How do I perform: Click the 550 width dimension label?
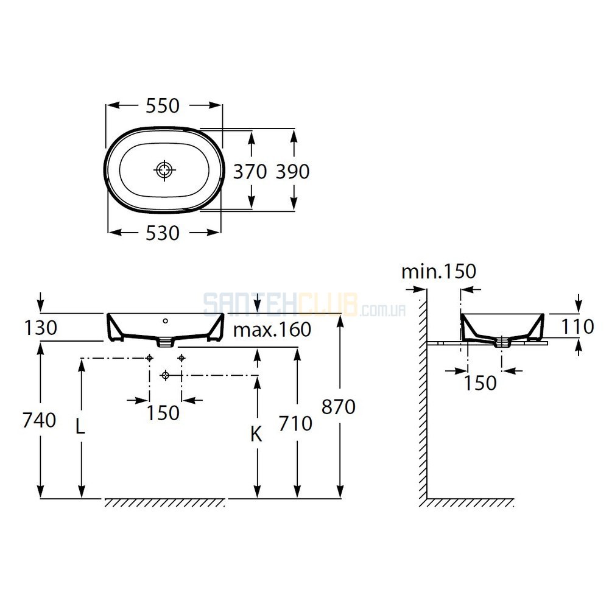[x=163, y=105]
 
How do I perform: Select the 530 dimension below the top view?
[x=163, y=233]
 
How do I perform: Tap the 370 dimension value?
[x=250, y=171]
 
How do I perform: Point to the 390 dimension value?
[x=293, y=171]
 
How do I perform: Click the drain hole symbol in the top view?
[x=164, y=170]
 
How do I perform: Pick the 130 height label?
[x=41, y=328]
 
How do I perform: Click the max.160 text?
[x=272, y=329]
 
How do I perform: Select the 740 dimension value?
[x=39, y=420]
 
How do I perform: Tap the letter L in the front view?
[x=80, y=427]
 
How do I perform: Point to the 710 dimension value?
[x=295, y=423]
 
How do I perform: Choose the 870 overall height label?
[x=339, y=407]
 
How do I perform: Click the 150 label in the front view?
[x=163, y=413]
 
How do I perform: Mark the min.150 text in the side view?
[x=438, y=272]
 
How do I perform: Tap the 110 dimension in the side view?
[x=577, y=326]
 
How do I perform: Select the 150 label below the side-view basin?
[x=481, y=383]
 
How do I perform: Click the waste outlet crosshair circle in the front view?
[x=166, y=375]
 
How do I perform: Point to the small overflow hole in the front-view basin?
[x=166, y=321]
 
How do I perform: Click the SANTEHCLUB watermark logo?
[x=305, y=304]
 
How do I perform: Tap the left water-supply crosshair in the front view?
[x=150, y=358]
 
